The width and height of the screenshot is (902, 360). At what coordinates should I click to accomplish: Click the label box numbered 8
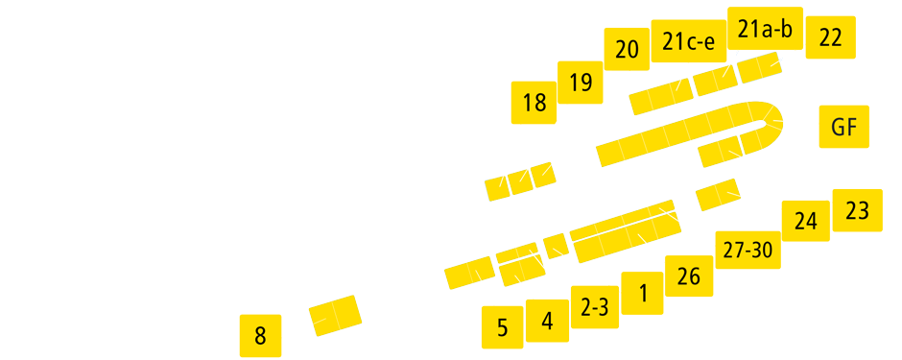pos(260,336)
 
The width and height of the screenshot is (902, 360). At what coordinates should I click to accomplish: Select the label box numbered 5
pos(503,327)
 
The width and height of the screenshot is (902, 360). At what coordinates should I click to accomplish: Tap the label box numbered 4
pos(547,322)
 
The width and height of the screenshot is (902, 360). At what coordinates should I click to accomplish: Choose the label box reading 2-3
pos(595,307)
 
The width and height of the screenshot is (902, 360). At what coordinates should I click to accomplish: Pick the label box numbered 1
pos(642,293)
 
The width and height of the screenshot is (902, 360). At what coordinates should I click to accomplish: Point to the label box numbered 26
pos(689,277)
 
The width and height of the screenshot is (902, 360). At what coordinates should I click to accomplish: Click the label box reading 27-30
pos(748,251)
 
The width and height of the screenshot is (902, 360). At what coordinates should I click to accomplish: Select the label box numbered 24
pos(806,222)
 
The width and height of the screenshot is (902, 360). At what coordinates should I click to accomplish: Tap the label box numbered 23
pos(857,210)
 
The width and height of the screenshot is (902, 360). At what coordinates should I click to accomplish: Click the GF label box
pos(843,127)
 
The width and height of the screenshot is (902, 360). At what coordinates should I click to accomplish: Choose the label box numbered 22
pos(830,38)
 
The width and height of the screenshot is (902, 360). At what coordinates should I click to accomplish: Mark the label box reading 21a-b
pos(765,30)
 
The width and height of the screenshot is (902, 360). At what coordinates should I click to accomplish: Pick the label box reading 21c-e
pos(688,41)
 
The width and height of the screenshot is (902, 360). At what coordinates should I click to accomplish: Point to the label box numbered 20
pos(627,50)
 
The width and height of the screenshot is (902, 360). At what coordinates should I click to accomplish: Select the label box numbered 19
pos(581,83)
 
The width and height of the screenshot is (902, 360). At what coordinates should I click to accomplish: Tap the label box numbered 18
pos(534,103)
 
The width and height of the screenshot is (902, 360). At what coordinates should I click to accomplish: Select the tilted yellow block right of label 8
pos(335,315)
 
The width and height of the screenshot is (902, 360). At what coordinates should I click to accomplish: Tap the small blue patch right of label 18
pos(487,188)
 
